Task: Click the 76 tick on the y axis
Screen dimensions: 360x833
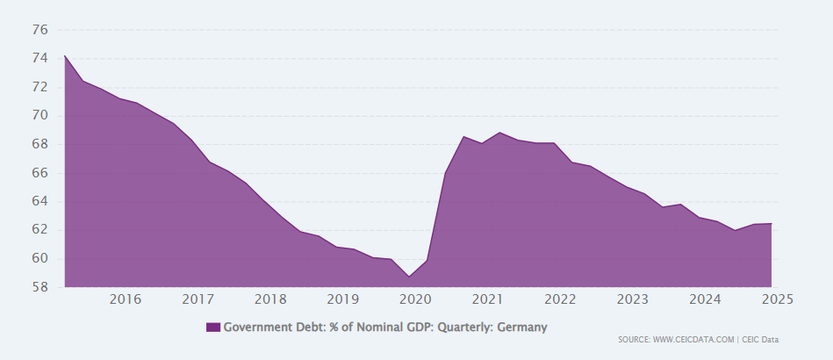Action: tap(39, 30)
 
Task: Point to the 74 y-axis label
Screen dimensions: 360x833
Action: tap(39, 59)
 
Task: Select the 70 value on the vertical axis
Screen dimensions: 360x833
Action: tap(39, 116)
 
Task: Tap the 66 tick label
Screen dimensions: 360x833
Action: tap(39, 173)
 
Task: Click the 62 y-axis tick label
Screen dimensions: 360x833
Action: tap(39, 230)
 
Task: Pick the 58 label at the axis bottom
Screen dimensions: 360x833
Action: tap(39, 287)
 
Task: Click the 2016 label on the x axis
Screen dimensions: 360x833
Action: tap(126, 299)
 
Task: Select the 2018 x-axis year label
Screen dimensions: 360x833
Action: tap(270, 299)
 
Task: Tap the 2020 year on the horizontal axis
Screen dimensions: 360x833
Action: tap(414, 299)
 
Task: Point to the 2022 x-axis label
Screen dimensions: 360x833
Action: tap(560, 299)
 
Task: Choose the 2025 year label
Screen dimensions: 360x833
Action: tap(777, 299)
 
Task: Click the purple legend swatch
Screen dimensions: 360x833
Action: tap(213, 328)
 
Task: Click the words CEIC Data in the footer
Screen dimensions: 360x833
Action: tap(760, 340)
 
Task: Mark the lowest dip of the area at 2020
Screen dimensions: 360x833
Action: tap(409, 277)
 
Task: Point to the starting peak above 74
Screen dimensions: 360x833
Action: tap(65, 56)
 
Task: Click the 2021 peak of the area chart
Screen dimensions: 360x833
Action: tap(499, 133)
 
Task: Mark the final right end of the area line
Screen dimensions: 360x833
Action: tap(772, 223)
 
